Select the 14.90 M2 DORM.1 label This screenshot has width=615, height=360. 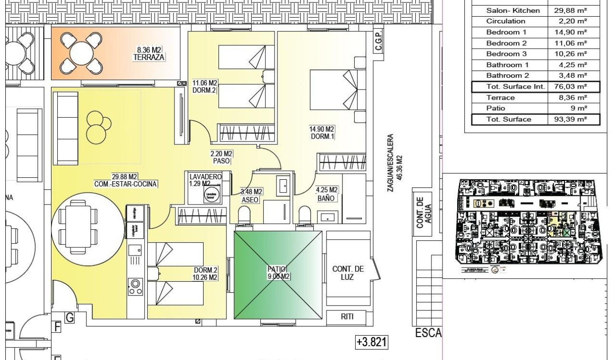pyautogui.click(x=321, y=133)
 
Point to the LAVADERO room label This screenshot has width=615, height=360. pyautogui.click(x=205, y=177)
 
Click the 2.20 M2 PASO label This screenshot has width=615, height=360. pyautogui.click(x=221, y=157)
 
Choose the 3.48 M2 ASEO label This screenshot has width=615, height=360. pyautogui.click(x=250, y=196)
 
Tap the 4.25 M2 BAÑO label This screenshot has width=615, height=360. pyautogui.click(x=327, y=194)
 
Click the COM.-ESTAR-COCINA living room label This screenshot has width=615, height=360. pyautogui.click(x=126, y=181)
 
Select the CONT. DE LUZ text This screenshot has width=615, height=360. pyautogui.click(x=348, y=273)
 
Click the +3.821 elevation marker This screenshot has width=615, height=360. pyautogui.click(x=371, y=342)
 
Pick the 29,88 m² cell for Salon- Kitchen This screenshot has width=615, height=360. pyautogui.click(x=570, y=10)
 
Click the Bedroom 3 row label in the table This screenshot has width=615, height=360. pyautogui.click(x=506, y=54)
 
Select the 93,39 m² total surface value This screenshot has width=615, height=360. pyautogui.click(x=570, y=119)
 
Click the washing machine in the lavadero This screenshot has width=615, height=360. pyautogui.click(x=211, y=196)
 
